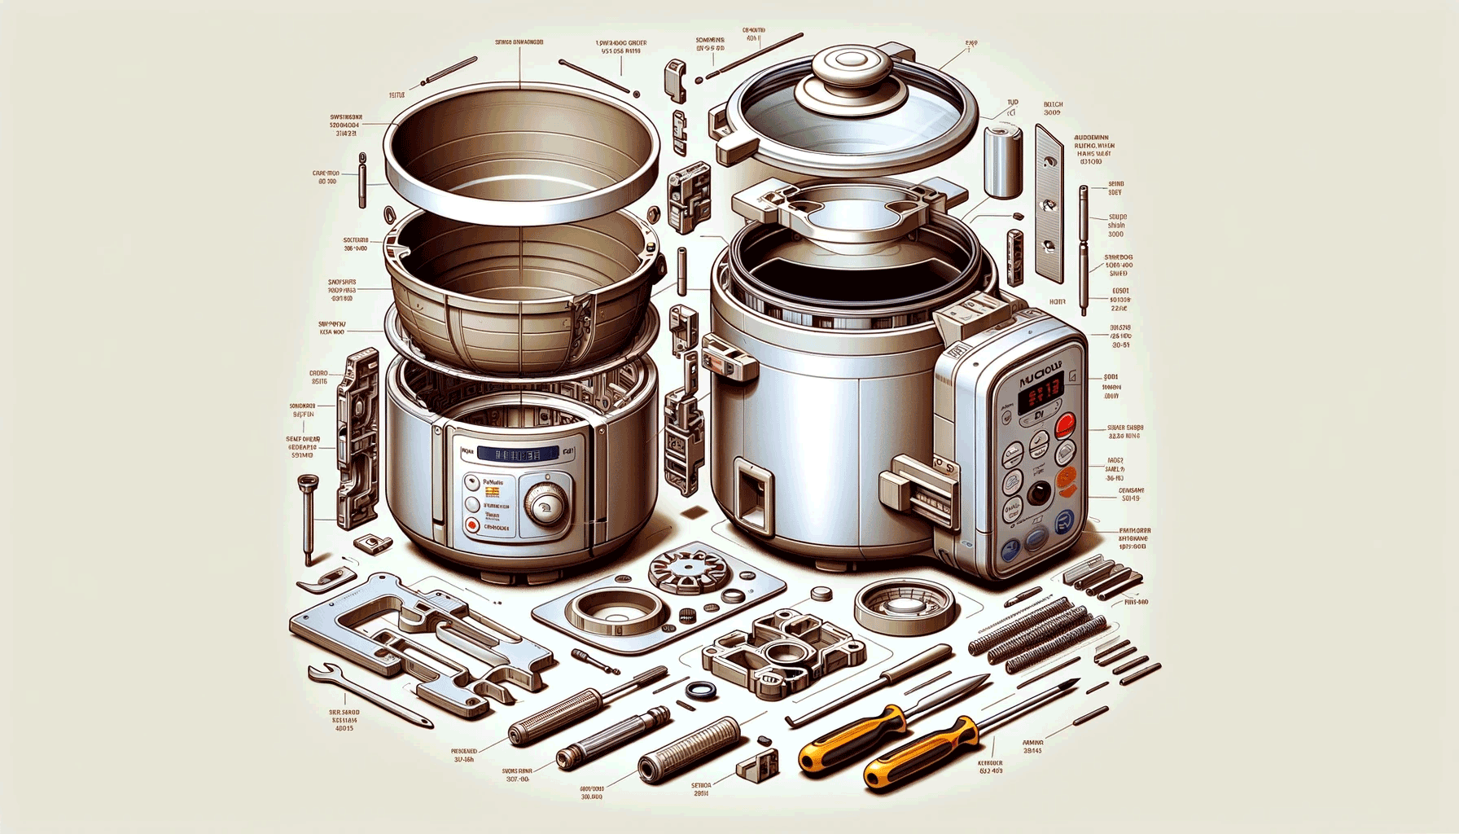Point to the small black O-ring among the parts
[x=697, y=690]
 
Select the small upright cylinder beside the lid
[x=1002, y=160]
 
